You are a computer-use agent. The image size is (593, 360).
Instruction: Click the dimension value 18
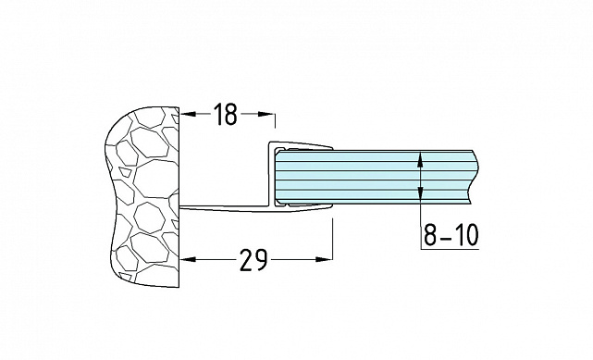[x=226, y=114]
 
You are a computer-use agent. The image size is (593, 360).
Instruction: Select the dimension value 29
[x=253, y=260]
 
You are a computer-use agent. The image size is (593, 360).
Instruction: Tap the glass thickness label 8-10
[x=451, y=234]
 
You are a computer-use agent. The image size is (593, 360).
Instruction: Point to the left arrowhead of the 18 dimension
[x=189, y=114]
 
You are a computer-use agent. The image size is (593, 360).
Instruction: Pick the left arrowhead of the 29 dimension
[x=189, y=259]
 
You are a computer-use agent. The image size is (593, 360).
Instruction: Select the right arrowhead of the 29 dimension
[x=324, y=259]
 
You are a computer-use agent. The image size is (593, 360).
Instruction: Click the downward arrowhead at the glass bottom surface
[x=421, y=192]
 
